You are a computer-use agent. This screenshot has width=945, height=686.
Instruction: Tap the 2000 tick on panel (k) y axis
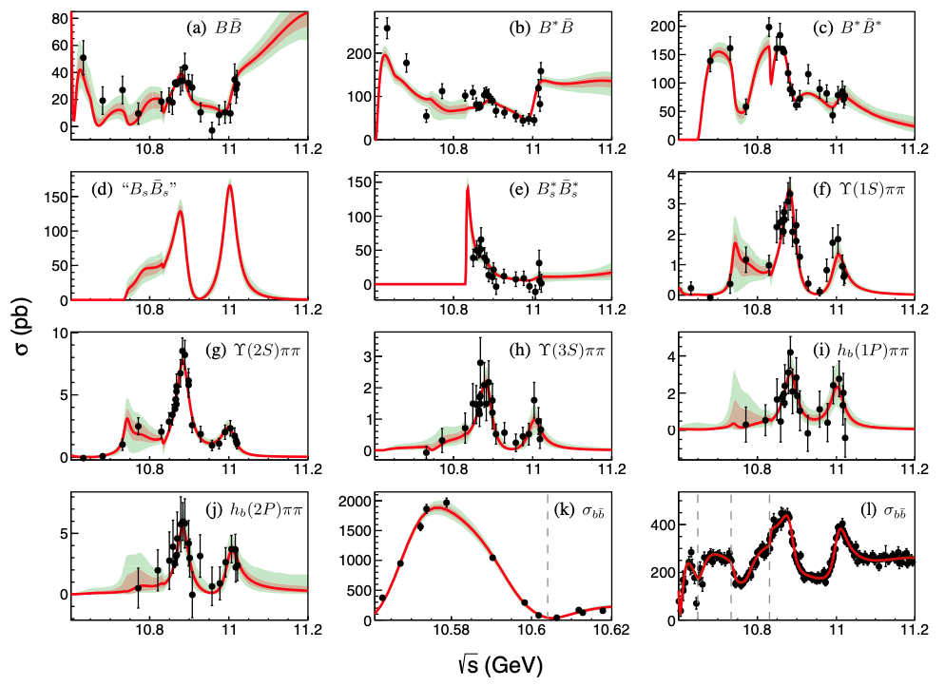(354, 500)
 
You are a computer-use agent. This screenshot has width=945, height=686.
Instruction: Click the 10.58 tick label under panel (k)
(450, 631)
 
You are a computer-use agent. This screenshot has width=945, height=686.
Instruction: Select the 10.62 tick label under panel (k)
(609, 631)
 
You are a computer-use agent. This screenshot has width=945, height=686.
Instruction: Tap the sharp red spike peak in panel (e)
(467, 187)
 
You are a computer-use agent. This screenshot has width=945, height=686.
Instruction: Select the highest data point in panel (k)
(446, 503)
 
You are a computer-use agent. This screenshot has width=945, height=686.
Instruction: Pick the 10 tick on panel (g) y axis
(58, 333)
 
